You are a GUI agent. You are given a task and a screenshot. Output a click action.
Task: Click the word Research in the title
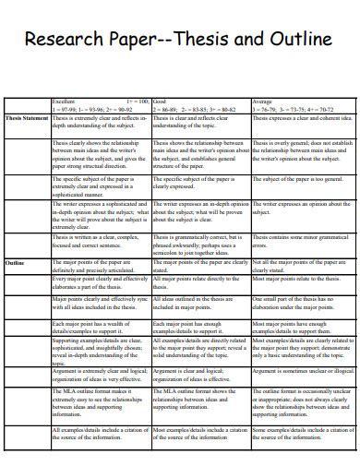point(65,41)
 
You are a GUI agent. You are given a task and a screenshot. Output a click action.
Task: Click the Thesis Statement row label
point(27,118)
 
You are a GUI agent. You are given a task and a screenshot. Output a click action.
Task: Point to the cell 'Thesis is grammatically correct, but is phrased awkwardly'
point(198,244)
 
